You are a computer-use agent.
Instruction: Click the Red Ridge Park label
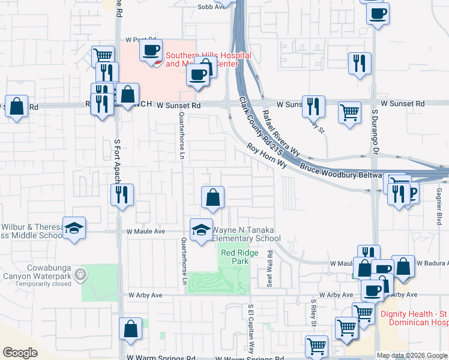click(239, 257)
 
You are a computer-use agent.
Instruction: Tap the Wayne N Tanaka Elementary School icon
click(201, 229)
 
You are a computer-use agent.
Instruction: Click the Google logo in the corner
click(20, 353)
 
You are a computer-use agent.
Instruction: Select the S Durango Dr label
click(374, 128)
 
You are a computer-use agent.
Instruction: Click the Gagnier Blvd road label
click(439, 207)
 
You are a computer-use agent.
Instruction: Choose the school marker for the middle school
click(74, 228)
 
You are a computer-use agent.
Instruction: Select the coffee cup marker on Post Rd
click(151, 50)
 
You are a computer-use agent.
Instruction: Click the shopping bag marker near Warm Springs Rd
click(130, 329)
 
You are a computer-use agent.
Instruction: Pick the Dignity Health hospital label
click(414, 318)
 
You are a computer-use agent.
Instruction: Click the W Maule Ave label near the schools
click(145, 231)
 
